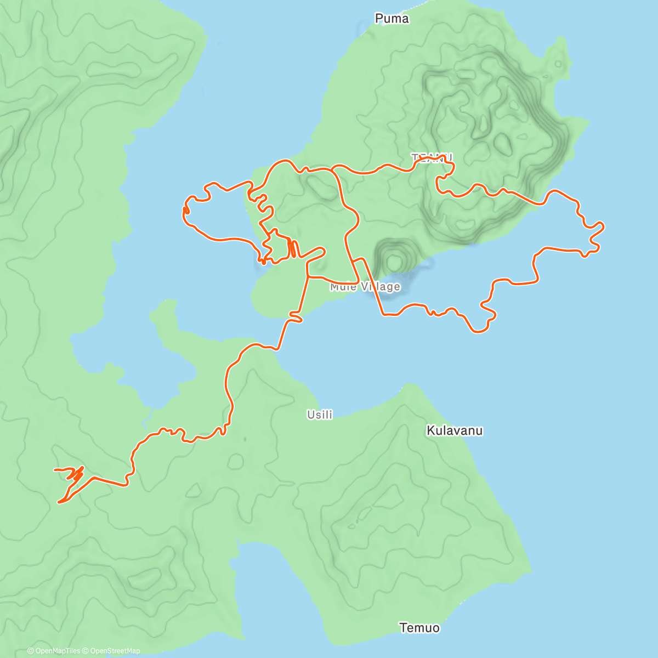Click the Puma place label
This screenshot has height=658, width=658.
(392, 19)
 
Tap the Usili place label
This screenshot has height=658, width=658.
(320, 415)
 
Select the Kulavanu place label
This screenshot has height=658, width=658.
(455, 430)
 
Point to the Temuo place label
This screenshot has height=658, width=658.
(419, 628)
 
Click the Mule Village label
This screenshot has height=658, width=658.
(365, 287)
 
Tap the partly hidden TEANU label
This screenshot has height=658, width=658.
(432, 158)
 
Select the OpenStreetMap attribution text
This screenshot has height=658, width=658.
(115, 651)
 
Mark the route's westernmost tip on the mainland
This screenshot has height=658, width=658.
(55, 470)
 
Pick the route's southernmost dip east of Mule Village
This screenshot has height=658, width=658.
(479, 331)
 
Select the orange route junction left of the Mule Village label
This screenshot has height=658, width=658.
(308, 277)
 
